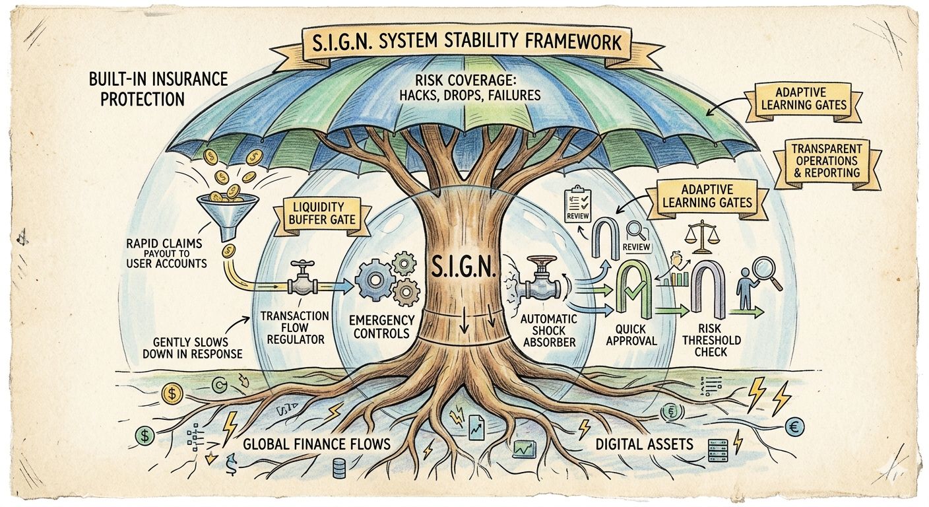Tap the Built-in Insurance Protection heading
pos(158,89)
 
